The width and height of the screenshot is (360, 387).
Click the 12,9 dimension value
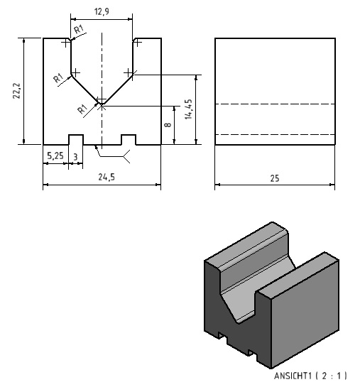point(102,11)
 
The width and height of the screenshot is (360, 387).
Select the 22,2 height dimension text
point(16,91)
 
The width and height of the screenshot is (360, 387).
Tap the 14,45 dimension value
point(188,109)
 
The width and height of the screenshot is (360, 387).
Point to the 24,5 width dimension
point(107,177)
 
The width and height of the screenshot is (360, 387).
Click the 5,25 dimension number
point(55,156)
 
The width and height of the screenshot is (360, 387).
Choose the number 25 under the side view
point(275,178)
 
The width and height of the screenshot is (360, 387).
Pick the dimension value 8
point(168,124)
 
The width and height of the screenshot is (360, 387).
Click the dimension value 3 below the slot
point(75,157)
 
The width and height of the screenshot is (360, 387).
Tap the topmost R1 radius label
point(79,29)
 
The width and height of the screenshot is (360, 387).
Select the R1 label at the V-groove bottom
point(82,109)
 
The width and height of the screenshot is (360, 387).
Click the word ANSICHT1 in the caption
point(293,376)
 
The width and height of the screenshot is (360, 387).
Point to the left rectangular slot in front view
point(76,140)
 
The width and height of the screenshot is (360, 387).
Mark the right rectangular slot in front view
point(129,140)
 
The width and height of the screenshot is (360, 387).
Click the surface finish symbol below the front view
point(112,154)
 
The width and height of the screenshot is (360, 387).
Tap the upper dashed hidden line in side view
point(275,104)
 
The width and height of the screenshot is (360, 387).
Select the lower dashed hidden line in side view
point(275,134)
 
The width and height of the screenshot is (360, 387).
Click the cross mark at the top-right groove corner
point(138,43)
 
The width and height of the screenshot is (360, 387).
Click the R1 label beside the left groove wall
point(58,78)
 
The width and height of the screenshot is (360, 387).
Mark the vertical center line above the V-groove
point(102,67)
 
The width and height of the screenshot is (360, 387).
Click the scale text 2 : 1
point(331,376)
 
